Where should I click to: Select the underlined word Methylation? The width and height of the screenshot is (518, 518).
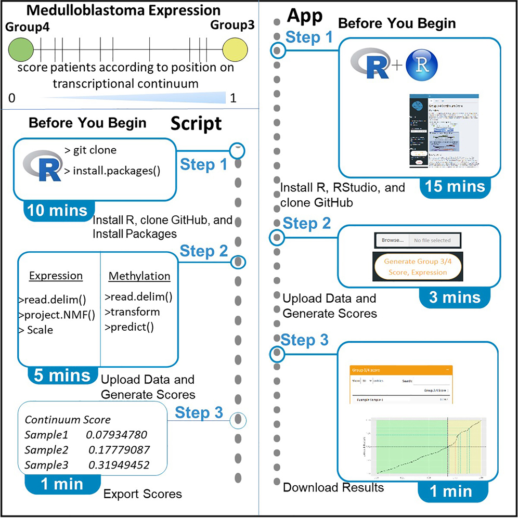click(139, 276)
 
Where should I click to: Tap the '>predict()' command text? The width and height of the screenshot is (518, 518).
click(131, 327)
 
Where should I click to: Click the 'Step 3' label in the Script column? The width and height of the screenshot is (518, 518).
click(199, 413)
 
